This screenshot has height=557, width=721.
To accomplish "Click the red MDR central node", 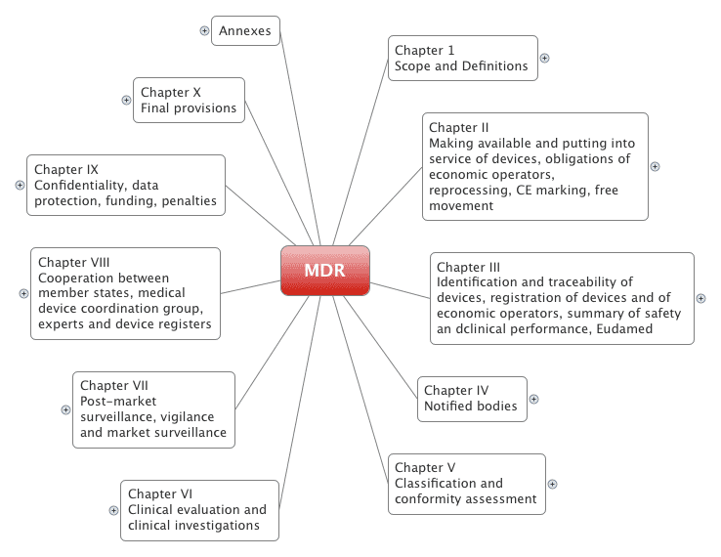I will pos(324,271).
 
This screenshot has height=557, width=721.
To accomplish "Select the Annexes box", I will pos(245,30).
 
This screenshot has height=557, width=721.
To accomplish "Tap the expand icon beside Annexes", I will pos(204,30).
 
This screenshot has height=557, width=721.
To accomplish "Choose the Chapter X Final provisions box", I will pos(189,100).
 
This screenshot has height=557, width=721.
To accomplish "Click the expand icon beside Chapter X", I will pos(126,100).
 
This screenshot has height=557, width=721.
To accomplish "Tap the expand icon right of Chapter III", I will pos(700,298).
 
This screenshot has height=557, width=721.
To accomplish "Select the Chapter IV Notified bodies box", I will pos(472,399).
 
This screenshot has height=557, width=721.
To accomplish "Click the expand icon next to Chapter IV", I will pos(533,399).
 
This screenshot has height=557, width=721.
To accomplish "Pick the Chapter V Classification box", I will pos(466,484).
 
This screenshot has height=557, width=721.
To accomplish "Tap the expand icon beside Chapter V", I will pos(552,484).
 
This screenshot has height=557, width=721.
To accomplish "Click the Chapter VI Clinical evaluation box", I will pos(199,509).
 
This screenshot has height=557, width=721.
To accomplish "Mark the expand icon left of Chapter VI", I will pos(114,509).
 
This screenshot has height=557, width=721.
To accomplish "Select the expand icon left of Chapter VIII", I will pos(23,293).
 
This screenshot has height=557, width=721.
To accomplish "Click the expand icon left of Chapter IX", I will pos(20,185).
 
